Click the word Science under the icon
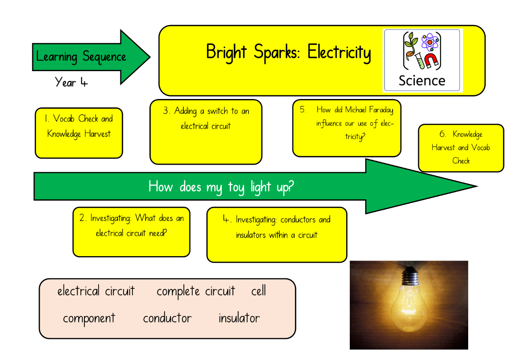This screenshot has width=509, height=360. click(x=422, y=81)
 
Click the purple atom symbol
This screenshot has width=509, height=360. click(x=430, y=42)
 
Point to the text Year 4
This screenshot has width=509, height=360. click(x=71, y=82)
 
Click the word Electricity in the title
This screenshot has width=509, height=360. click(x=339, y=53)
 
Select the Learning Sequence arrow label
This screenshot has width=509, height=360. click(x=81, y=57)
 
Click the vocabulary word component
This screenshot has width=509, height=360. click(x=89, y=319)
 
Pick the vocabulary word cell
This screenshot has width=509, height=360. click(x=259, y=291)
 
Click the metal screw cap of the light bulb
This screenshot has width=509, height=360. click(x=410, y=276)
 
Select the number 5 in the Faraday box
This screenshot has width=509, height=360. click(x=302, y=109)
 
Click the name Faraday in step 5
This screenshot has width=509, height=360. click(x=381, y=110)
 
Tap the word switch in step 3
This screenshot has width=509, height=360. click(x=217, y=111)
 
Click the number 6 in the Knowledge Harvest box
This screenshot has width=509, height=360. click(x=442, y=134)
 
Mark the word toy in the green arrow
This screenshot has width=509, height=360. click(x=236, y=188)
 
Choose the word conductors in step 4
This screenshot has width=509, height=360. click(x=298, y=220)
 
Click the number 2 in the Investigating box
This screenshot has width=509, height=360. click(x=82, y=218)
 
